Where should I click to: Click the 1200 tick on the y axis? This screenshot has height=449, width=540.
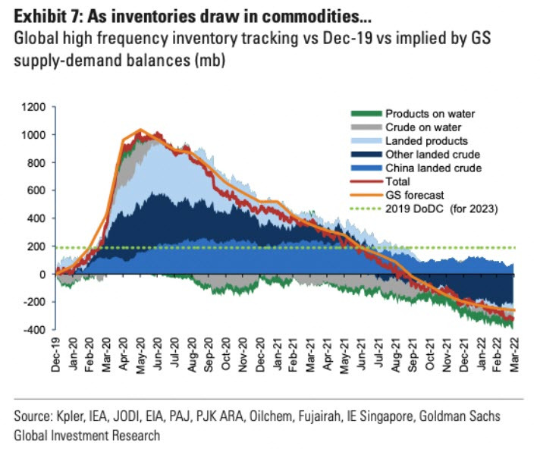[34, 107]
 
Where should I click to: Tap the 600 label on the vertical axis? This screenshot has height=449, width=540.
[36, 190]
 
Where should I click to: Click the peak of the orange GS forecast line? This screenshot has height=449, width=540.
[140, 130]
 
